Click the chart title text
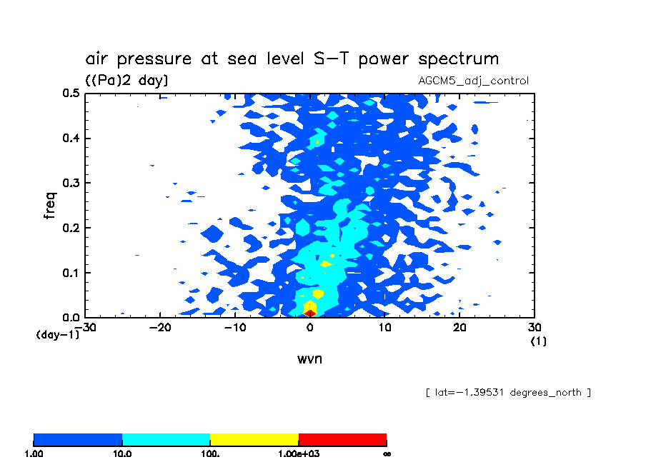[x=292, y=59]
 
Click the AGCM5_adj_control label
[x=473, y=81]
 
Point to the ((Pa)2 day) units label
[x=126, y=81]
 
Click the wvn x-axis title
[x=309, y=358]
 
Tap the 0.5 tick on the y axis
[x=70, y=94]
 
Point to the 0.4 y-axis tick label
[x=70, y=139]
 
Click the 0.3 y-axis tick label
[x=70, y=184]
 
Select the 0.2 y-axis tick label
[x=70, y=229]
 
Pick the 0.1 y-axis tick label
[x=70, y=273]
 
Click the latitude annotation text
[x=507, y=393]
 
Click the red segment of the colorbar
[x=342, y=439]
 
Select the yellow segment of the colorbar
[x=254, y=439]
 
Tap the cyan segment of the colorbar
[x=166, y=439]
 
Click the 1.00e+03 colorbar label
[x=298, y=453]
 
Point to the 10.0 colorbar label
[x=122, y=453]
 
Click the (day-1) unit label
[x=57, y=334]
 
